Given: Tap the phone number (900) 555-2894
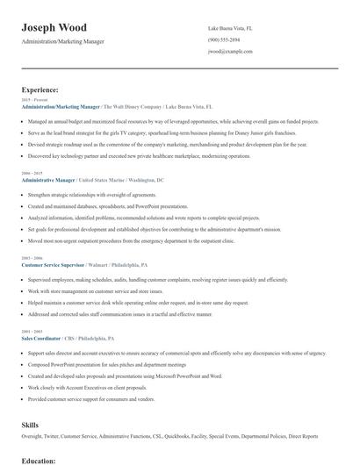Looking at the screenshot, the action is click(224, 40).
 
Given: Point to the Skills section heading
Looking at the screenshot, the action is click(31, 424).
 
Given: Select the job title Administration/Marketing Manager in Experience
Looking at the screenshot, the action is click(61, 106).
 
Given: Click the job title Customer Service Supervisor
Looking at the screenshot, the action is click(54, 263).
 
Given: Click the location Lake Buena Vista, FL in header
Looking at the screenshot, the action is click(235, 28).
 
